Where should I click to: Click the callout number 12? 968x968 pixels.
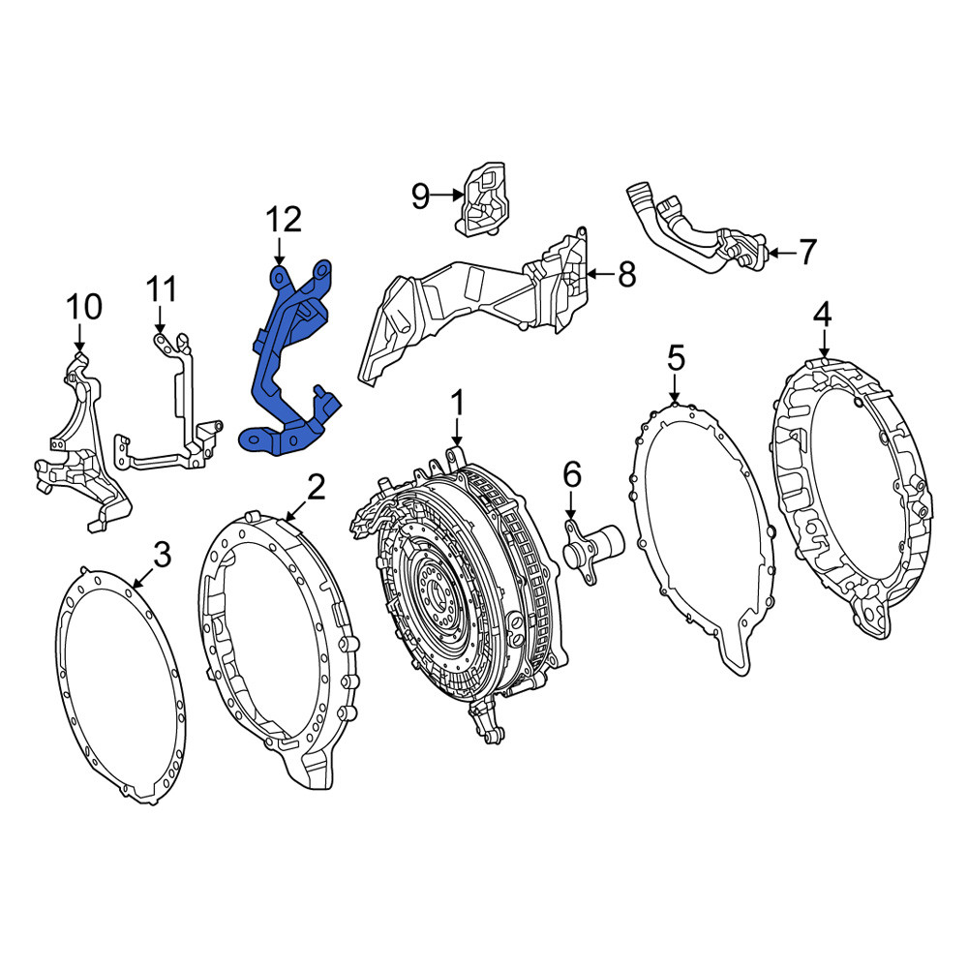point(284,221)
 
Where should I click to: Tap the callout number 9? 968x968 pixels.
point(420,196)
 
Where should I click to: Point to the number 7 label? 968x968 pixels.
point(807,252)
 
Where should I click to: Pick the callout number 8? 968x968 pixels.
point(626,274)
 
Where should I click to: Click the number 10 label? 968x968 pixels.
point(84,308)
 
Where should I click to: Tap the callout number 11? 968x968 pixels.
point(163,288)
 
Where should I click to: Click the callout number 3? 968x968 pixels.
point(162,555)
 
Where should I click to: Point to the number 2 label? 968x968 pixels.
point(317,488)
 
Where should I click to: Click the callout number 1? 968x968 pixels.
point(457,403)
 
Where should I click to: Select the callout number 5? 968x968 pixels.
point(676,359)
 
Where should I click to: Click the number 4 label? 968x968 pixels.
point(822,316)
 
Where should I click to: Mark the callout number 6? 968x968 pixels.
point(572,476)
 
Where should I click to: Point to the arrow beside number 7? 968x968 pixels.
point(782,253)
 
